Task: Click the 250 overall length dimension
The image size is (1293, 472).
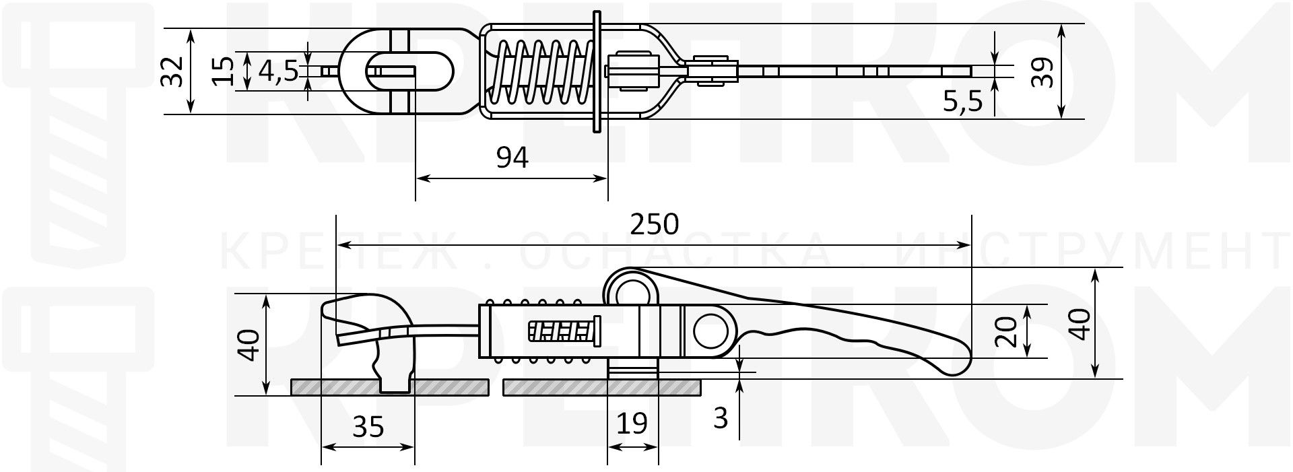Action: pos(655,224)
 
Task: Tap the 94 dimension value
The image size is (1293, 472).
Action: pos(512,158)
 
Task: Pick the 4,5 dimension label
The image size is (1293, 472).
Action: pos(278,71)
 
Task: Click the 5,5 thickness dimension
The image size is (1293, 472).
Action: pos(962,102)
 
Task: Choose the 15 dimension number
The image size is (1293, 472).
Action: pos(223,71)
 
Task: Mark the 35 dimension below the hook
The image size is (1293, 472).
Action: pos(368,427)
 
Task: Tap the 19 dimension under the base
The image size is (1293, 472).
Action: pos(632,424)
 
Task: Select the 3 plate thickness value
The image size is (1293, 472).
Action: pos(721,419)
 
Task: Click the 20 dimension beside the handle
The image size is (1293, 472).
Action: pos(1005,332)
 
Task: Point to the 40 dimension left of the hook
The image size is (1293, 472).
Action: pos(248,345)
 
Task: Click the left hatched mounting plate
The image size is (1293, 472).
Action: pos(337,387)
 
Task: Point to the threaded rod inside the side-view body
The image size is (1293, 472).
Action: pos(564,332)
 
